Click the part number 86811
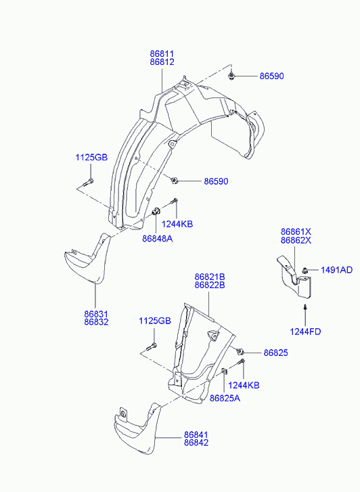click(162, 54)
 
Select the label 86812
click(162, 62)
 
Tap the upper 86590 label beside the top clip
click(271, 76)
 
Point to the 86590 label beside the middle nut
click(217, 181)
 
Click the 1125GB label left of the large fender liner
click(91, 157)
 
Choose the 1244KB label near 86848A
click(177, 224)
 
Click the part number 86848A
click(158, 239)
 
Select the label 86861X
click(296, 232)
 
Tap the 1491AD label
click(336, 270)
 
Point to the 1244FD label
click(305, 332)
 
